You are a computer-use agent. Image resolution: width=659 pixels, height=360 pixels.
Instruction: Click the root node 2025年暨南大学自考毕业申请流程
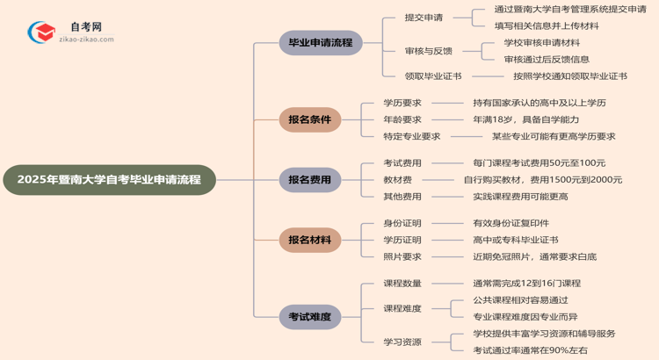(109, 180)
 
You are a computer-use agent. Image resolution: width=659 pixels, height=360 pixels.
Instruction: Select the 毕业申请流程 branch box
(320, 42)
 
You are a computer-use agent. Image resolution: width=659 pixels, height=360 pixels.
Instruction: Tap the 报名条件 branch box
(309, 119)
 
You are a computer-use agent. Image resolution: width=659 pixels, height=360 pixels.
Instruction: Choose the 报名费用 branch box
(309, 180)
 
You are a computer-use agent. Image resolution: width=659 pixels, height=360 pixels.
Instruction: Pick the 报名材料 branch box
(309, 240)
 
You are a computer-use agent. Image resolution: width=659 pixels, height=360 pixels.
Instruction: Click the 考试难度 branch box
(309, 316)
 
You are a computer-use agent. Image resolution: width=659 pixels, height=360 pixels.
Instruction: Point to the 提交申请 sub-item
(424, 18)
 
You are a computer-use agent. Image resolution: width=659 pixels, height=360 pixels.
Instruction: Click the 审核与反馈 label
(428, 51)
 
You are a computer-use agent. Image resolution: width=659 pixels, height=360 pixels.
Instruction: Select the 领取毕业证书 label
(433, 76)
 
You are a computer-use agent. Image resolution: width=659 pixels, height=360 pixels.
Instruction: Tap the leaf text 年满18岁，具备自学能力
(526, 119)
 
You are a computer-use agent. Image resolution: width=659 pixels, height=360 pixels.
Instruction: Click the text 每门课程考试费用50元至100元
(539, 162)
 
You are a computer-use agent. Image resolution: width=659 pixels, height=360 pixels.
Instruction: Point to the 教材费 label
(398, 179)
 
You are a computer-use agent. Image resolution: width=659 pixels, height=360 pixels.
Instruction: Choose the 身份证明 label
(402, 223)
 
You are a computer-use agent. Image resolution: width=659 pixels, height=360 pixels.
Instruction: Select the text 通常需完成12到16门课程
(526, 283)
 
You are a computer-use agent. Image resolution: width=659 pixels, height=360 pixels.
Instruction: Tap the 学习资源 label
(402, 342)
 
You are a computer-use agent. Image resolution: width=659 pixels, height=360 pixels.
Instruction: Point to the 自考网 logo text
(86, 27)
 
